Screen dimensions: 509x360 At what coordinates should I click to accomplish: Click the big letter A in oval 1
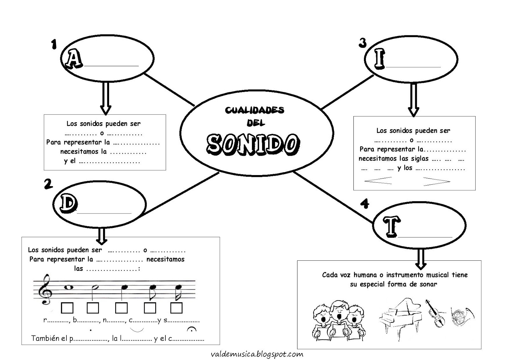click(74, 59)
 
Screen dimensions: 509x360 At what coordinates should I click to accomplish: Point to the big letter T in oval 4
click(391, 226)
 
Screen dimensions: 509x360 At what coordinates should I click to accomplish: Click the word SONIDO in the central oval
click(253, 144)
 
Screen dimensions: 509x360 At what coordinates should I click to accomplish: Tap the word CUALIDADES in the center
click(254, 110)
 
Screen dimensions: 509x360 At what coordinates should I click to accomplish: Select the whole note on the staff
click(68, 287)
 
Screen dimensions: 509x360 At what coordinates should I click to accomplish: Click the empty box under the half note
click(93, 308)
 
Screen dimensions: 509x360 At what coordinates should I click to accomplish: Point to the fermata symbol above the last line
click(192, 329)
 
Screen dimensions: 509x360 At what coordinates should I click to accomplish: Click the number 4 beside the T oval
click(365, 203)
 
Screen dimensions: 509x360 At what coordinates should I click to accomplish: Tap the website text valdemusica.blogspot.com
click(257, 354)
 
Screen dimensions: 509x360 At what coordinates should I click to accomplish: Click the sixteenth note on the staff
click(178, 290)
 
